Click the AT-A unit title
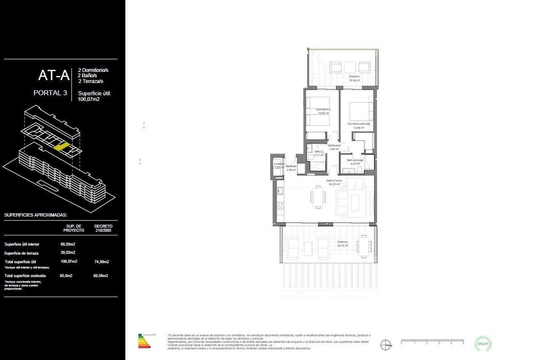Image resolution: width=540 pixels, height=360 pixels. pos(54,75)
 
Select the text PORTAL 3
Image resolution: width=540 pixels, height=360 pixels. pos(51,93)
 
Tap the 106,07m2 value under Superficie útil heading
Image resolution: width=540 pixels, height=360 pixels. pos(89,99)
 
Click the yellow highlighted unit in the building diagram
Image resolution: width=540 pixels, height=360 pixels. pos(60,146)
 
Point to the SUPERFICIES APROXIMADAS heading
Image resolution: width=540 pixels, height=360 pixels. pos(36,215)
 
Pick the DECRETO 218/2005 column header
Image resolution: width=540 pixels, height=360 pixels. pos(103,228)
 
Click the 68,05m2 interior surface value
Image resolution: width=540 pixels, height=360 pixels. pos(68,244)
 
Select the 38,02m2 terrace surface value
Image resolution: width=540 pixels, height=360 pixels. pos(68,252)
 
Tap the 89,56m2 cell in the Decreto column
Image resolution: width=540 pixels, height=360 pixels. pos(101,275)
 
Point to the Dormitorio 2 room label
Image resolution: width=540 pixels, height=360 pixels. pos(323,110)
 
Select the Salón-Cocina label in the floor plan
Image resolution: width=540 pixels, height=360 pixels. pos(334,180)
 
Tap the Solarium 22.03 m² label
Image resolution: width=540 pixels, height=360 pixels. pos(343,243)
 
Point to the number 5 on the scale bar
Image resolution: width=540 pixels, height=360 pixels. pos(463,343)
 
